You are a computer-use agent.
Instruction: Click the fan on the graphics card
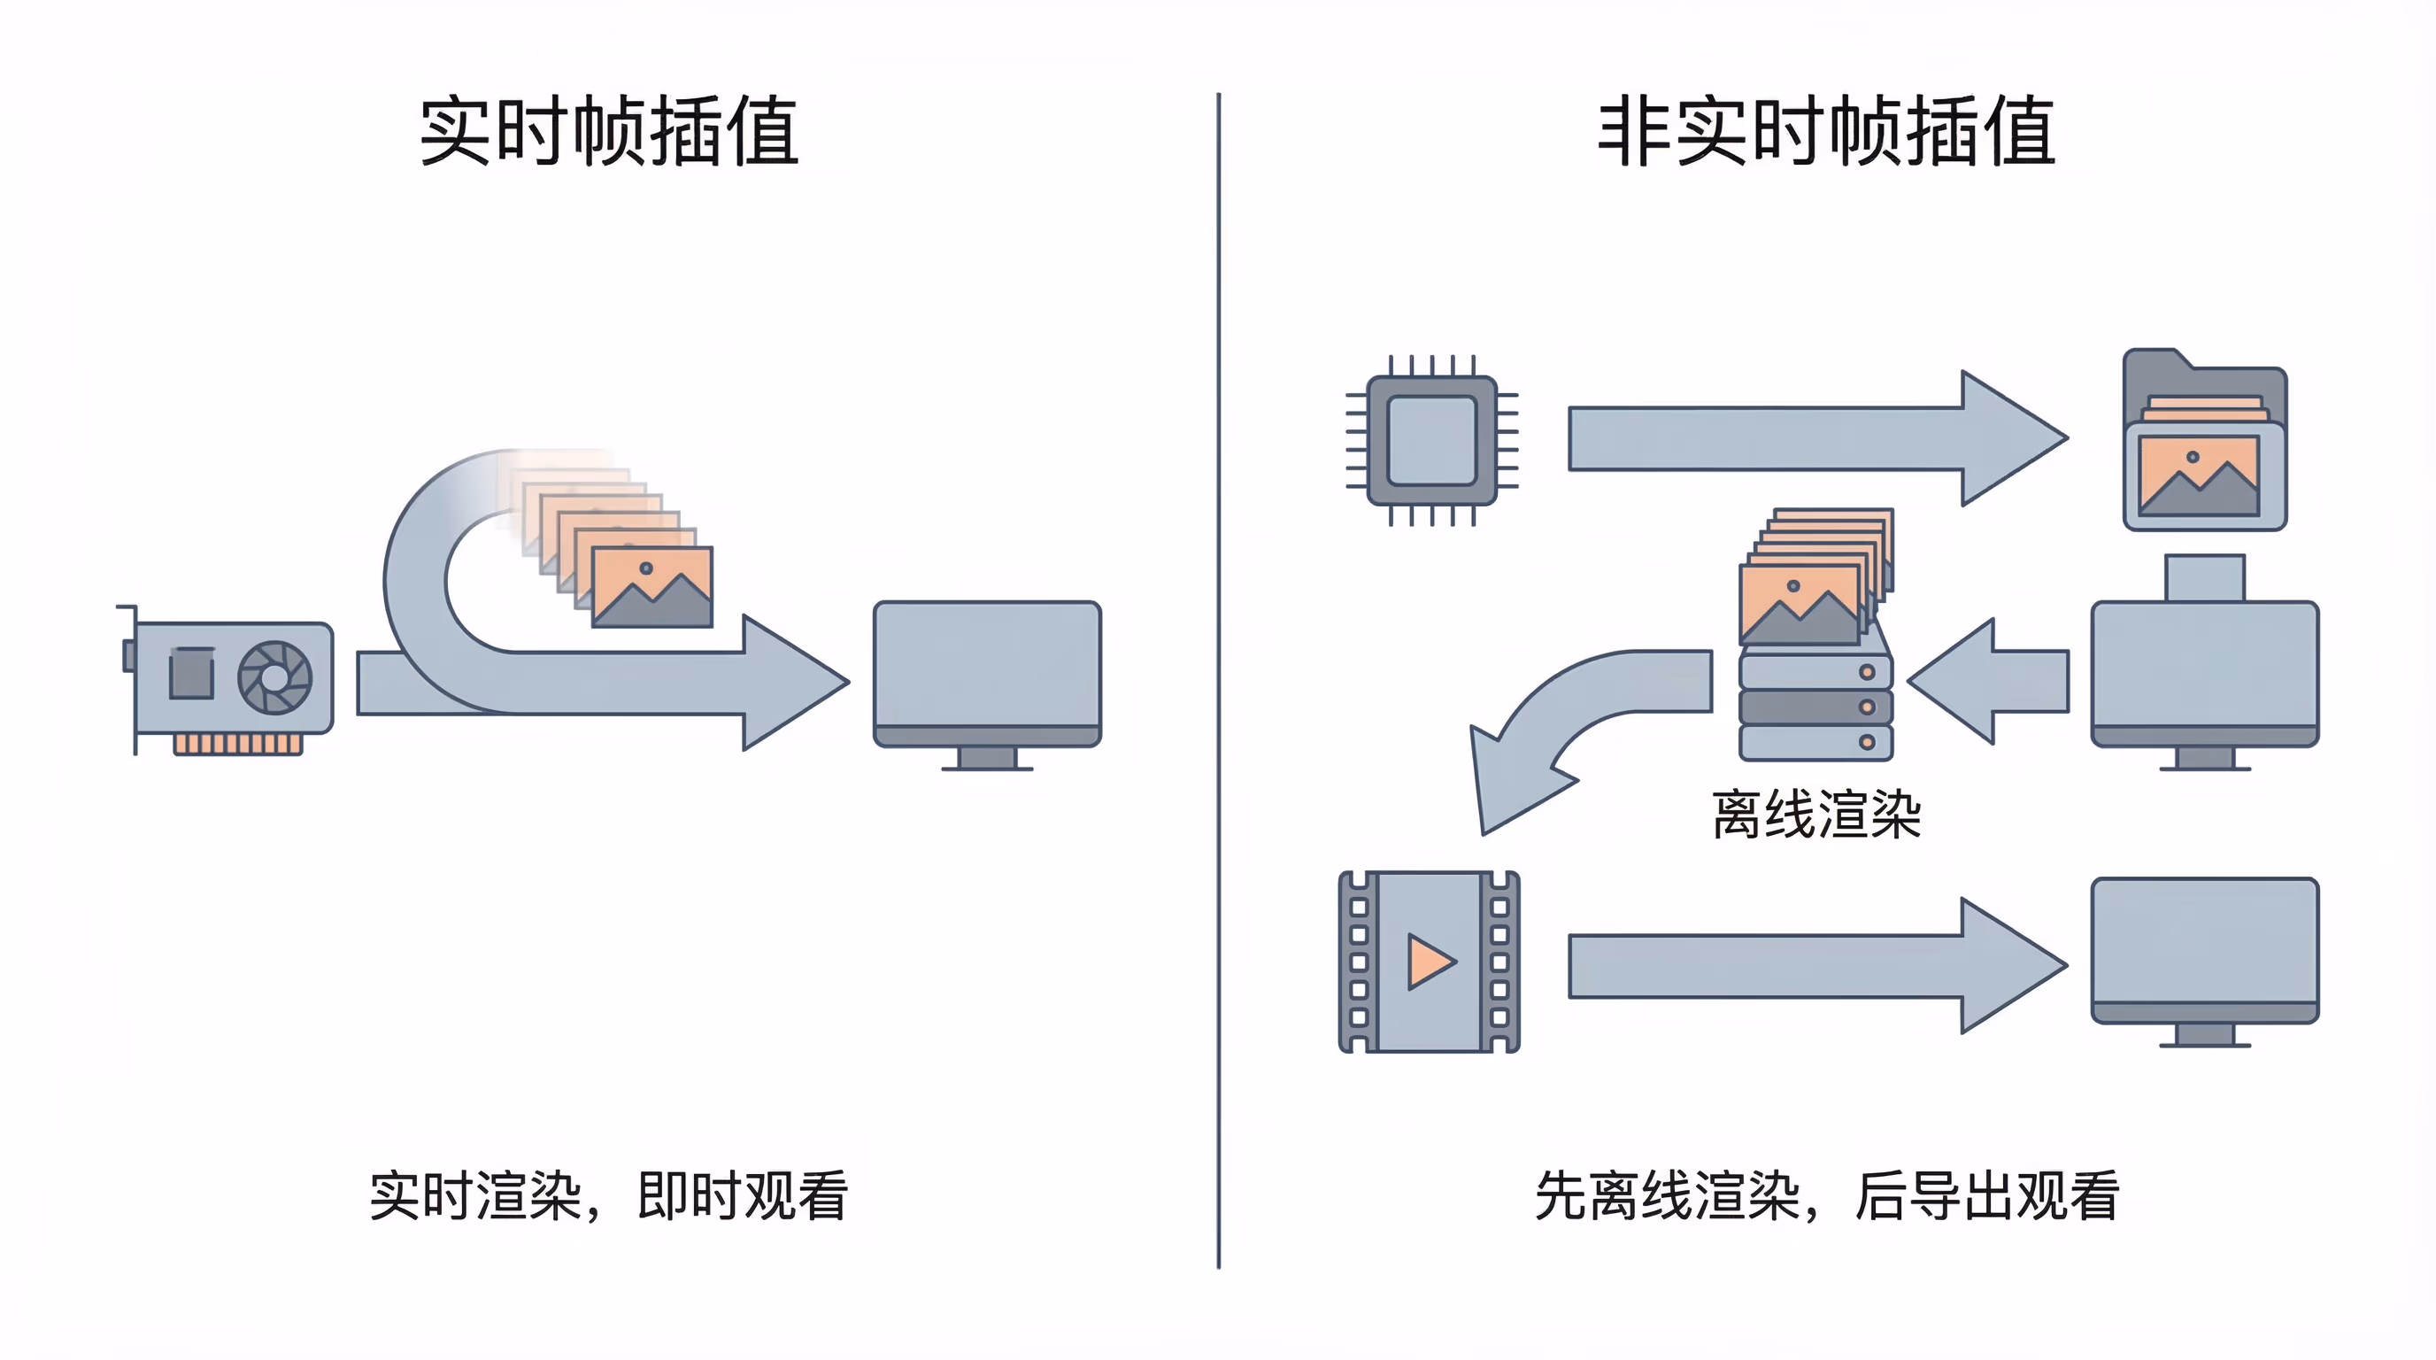pos(274,677)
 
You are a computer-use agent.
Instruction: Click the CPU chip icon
pos(1431,440)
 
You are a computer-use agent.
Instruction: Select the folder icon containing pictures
pos(2204,443)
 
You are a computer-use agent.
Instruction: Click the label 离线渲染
pos(1815,815)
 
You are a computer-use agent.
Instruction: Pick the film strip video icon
pos(1429,962)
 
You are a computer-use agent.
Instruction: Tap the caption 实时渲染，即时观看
pos(608,1196)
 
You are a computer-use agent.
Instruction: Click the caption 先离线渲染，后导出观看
pos(1826,1196)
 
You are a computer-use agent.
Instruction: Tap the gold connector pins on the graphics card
pos(237,745)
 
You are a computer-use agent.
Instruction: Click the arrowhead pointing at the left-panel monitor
pos(794,682)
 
